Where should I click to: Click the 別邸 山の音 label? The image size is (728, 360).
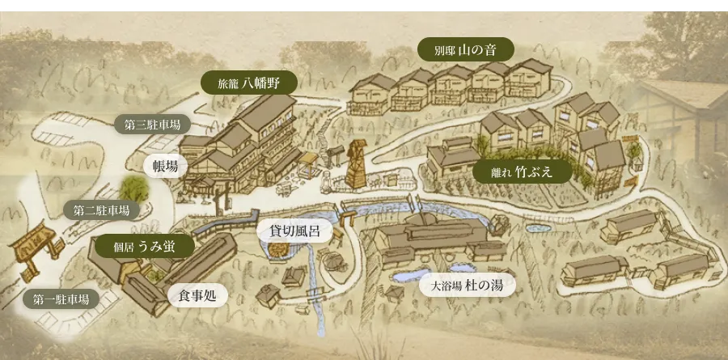[466, 49]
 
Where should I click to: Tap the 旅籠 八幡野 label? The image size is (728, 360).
[248, 82]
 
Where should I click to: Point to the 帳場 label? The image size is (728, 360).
[165, 166]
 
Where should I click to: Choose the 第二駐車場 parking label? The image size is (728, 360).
[101, 210]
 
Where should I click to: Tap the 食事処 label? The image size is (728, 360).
[197, 295]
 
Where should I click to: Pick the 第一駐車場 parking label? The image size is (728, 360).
[61, 299]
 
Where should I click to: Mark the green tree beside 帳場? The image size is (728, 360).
[136, 188]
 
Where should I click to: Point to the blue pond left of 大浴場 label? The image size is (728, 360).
[402, 277]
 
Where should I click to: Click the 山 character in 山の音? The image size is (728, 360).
[465, 49]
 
